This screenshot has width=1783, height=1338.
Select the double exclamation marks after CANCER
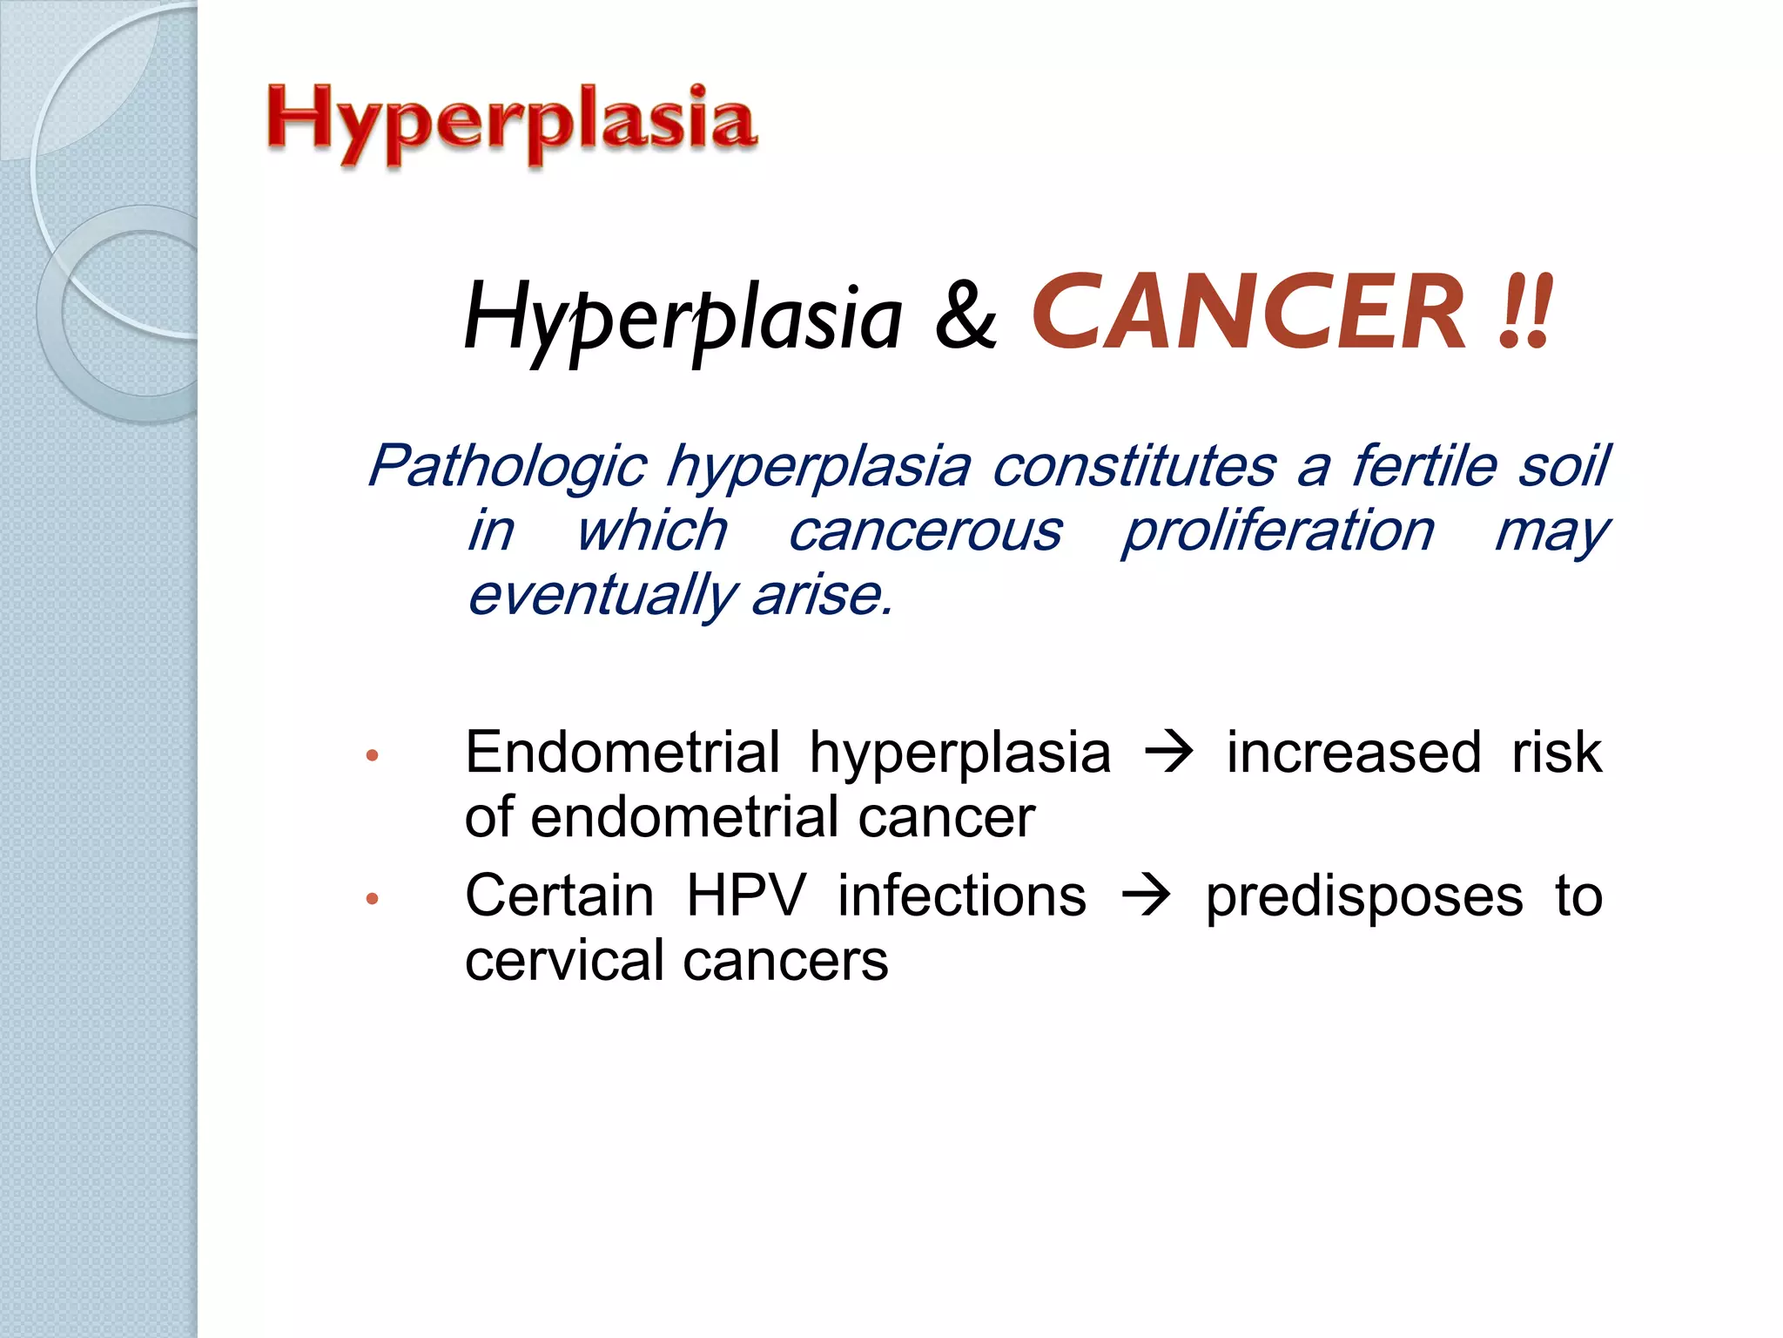point(1525,313)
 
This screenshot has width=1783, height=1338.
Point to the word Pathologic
point(508,466)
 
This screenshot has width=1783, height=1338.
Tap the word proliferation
point(1277,530)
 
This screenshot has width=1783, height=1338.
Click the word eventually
point(602,596)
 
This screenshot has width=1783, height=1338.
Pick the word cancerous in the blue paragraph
point(925,530)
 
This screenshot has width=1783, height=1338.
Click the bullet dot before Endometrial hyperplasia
point(373,755)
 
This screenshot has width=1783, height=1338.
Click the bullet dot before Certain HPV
point(373,898)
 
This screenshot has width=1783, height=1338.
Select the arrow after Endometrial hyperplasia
point(1168,753)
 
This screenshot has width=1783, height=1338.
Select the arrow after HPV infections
point(1146,896)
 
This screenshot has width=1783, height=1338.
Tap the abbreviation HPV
point(746,895)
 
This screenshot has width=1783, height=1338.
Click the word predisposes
point(1363,897)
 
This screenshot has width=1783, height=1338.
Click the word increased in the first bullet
point(1354,753)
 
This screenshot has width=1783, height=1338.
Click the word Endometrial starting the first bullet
point(622,753)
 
